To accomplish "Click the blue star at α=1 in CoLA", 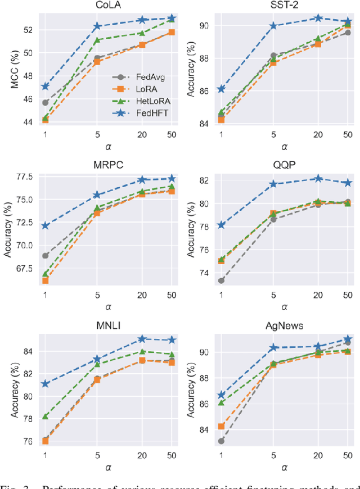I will (45, 87).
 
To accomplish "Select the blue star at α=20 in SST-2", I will (318, 18).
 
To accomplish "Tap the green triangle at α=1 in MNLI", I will (45, 416).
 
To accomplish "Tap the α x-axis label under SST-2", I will (285, 147).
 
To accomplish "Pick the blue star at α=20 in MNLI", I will (142, 339).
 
